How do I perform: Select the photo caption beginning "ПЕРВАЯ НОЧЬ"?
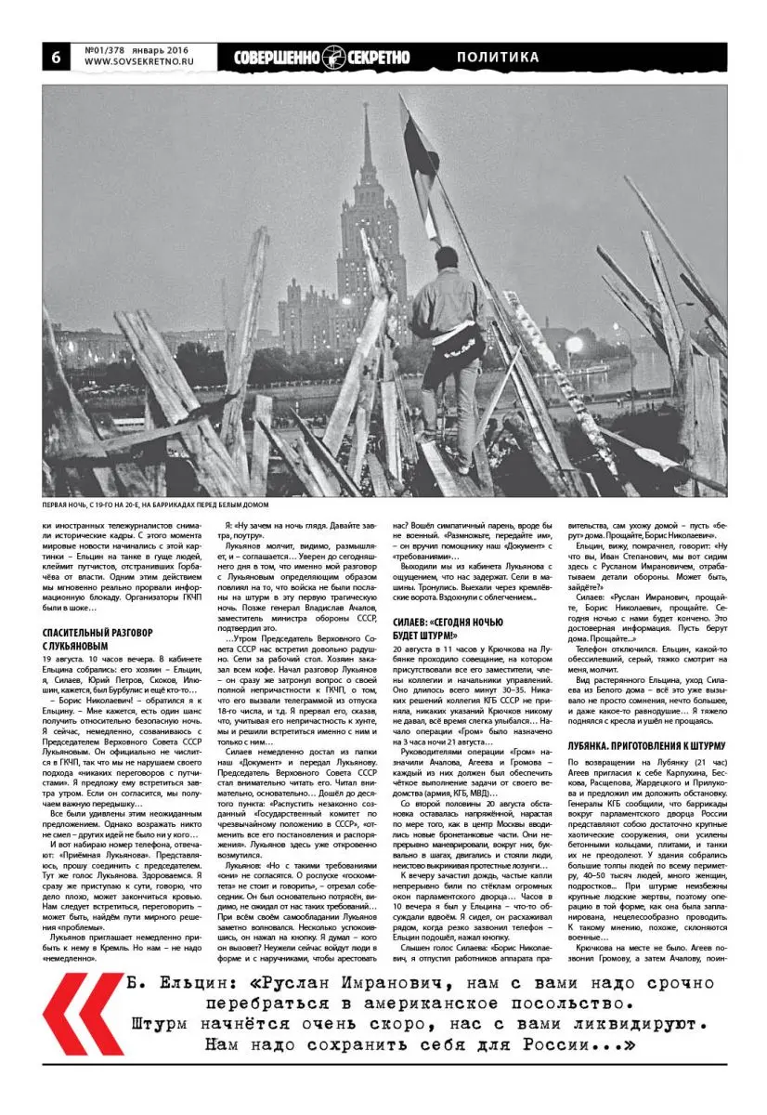click(x=155, y=505)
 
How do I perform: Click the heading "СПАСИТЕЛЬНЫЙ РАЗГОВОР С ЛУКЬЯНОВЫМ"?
click(x=97, y=638)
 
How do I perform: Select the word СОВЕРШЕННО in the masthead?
click(x=277, y=58)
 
